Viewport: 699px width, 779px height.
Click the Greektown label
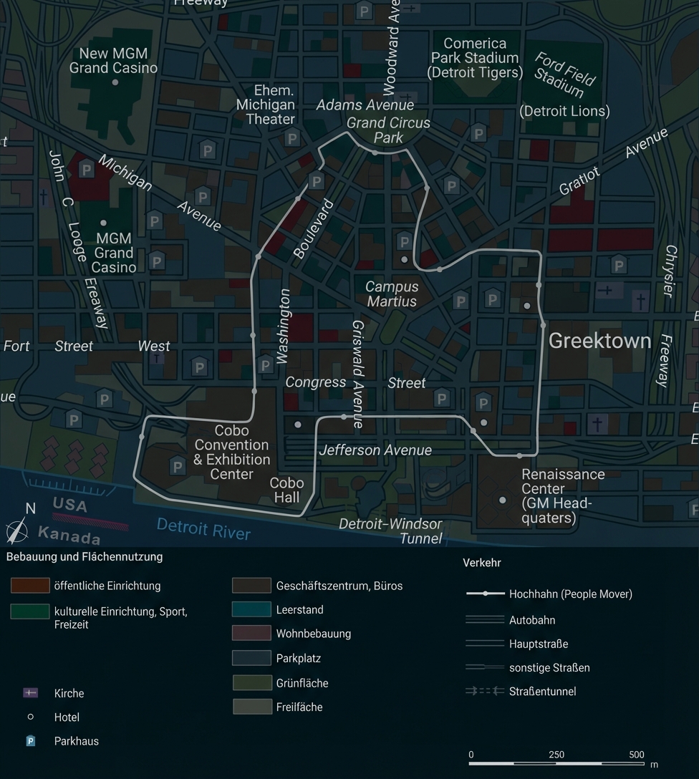[x=599, y=341]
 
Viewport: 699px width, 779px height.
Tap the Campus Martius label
[x=392, y=294]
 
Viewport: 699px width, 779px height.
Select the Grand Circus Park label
[x=388, y=130]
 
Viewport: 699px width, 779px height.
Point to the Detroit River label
[x=203, y=529]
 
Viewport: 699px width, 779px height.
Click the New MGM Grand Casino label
[x=113, y=61]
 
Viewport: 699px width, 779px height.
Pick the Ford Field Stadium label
[x=564, y=74]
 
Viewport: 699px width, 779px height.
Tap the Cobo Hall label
[x=286, y=490]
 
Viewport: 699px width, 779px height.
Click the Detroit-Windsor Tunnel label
[x=390, y=531]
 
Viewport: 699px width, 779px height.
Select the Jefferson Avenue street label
[x=375, y=450]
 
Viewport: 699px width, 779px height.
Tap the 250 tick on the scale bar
[x=556, y=755]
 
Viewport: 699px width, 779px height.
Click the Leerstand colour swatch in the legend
[x=251, y=610]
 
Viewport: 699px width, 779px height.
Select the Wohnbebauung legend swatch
[x=251, y=634]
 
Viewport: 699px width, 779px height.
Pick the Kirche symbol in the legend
[x=30, y=693]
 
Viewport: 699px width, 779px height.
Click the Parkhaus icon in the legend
[x=31, y=741]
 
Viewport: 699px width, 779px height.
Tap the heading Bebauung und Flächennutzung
[x=85, y=556]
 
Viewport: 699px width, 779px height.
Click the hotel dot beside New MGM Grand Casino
[x=115, y=82]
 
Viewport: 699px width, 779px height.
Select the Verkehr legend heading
[x=482, y=563]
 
